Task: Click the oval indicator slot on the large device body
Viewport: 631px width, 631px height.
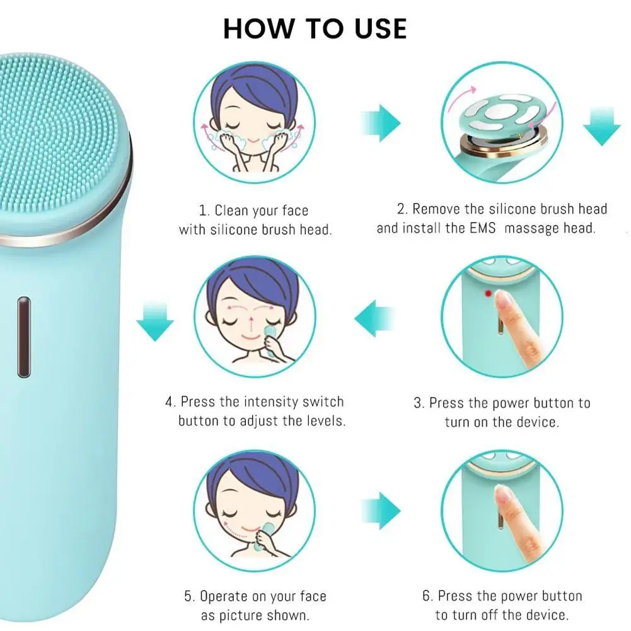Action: pos(23,337)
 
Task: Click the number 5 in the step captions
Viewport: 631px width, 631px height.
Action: pos(188,596)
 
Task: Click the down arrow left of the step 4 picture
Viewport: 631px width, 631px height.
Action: pos(155,321)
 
